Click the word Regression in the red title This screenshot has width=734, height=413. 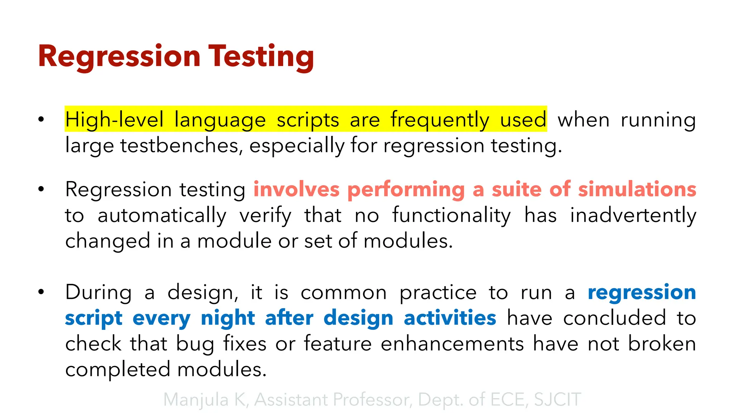119,57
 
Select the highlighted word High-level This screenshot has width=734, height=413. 114,120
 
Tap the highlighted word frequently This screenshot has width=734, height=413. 439,120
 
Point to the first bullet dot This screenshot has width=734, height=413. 41,119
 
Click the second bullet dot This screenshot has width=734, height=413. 41,189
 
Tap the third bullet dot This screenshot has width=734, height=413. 41,292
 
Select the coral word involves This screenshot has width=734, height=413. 296,189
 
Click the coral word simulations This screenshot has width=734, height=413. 637,189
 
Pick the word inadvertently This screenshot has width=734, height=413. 633,215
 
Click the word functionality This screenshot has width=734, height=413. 451,215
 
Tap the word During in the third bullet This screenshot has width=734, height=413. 99,292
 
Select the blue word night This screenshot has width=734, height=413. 228,318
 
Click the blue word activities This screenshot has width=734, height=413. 450,318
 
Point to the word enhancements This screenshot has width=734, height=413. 452,344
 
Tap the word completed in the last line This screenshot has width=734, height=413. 118,370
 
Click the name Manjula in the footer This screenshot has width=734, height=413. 196,400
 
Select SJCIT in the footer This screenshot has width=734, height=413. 557,400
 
